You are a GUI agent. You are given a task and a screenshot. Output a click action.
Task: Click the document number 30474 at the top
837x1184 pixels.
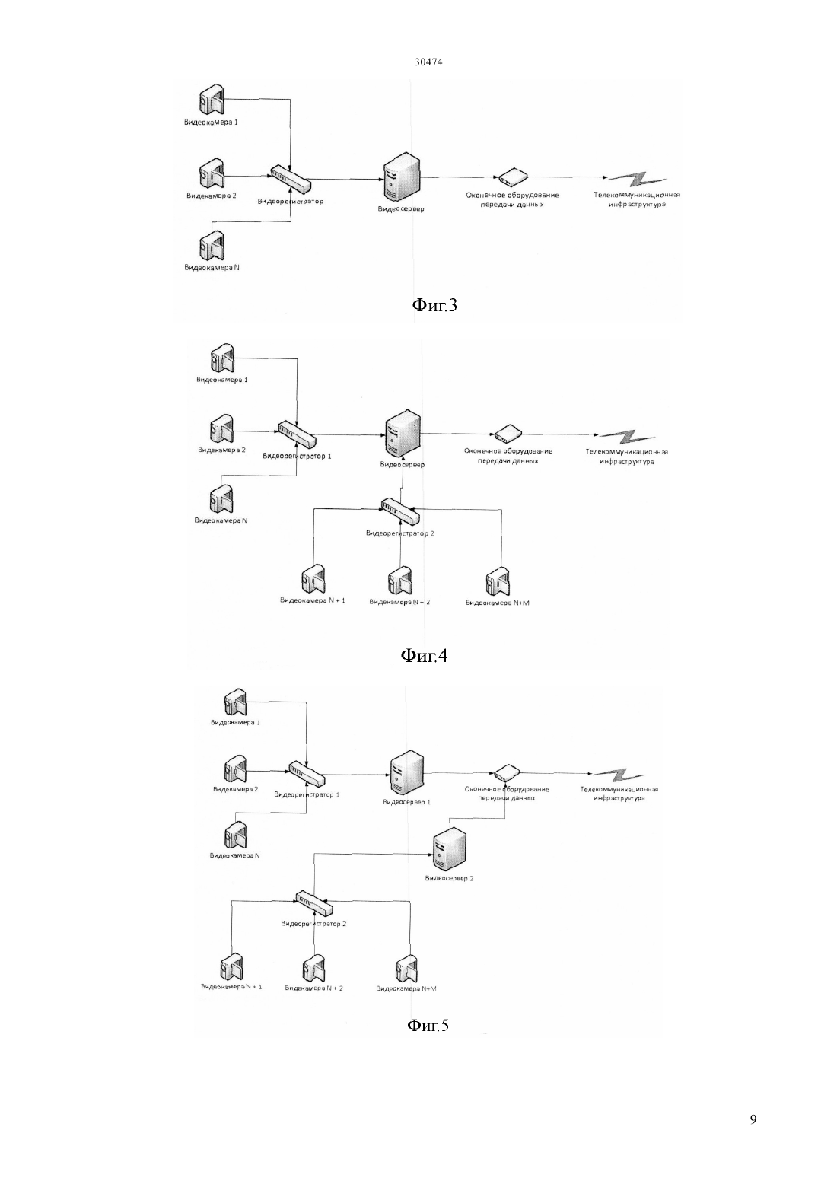coord(428,62)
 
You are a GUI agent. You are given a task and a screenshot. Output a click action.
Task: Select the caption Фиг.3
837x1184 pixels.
coord(434,305)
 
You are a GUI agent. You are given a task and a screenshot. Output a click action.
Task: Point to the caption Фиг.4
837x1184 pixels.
coord(425,655)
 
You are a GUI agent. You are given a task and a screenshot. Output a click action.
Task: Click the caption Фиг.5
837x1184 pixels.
coord(428,1026)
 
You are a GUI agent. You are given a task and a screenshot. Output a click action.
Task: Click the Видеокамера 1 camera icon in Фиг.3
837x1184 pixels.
coord(212,99)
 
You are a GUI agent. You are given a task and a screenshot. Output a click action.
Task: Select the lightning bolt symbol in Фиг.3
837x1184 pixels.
coord(636,180)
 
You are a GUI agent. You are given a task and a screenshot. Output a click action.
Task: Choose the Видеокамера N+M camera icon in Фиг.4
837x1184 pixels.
coord(498,582)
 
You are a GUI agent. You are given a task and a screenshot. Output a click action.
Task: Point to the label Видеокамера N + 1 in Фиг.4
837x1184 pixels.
coord(312,600)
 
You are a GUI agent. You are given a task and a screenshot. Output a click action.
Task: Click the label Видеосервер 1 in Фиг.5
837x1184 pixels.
coord(407,802)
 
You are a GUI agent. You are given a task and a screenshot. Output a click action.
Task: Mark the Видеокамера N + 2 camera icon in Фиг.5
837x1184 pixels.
coord(313,969)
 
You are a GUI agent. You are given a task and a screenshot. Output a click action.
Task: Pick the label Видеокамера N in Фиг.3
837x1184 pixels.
coord(212,267)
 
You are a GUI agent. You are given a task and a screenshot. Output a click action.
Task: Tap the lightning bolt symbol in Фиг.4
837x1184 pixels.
coord(627,436)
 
